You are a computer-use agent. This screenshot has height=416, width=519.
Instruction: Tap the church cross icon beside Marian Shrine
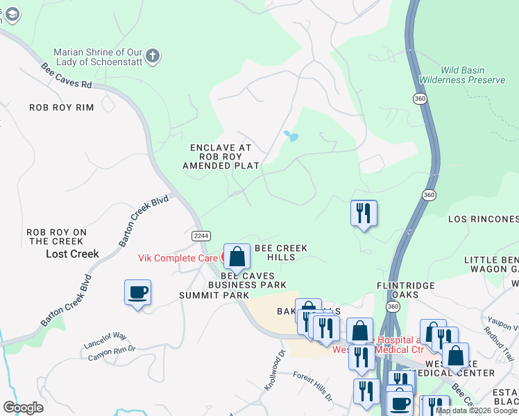tap(153, 55)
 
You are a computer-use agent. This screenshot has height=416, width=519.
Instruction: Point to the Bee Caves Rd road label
tap(67, 76)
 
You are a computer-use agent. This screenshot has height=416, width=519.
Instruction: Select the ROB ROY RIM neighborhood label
tap(61, 107)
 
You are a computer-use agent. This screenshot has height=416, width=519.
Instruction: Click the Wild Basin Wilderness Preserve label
tap(463, 76)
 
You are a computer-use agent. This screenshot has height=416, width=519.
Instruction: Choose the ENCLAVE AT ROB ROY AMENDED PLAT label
tap(221, 157)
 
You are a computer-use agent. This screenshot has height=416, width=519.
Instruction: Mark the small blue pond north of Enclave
tap(291, 136)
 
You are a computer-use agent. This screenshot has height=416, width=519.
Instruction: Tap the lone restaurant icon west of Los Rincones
tap(364, 214)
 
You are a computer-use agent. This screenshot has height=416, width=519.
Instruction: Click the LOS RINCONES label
tap(483, 219)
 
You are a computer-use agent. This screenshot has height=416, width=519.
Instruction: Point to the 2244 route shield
tap(201, 236)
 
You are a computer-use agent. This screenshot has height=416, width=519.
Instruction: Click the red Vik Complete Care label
tap(179, 258)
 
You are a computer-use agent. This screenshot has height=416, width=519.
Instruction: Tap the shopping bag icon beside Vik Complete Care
tap(237, 256)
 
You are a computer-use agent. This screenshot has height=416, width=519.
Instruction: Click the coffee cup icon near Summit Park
tap(137, 293)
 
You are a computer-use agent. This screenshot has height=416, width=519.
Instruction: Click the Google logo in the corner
tap(23, 408)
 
